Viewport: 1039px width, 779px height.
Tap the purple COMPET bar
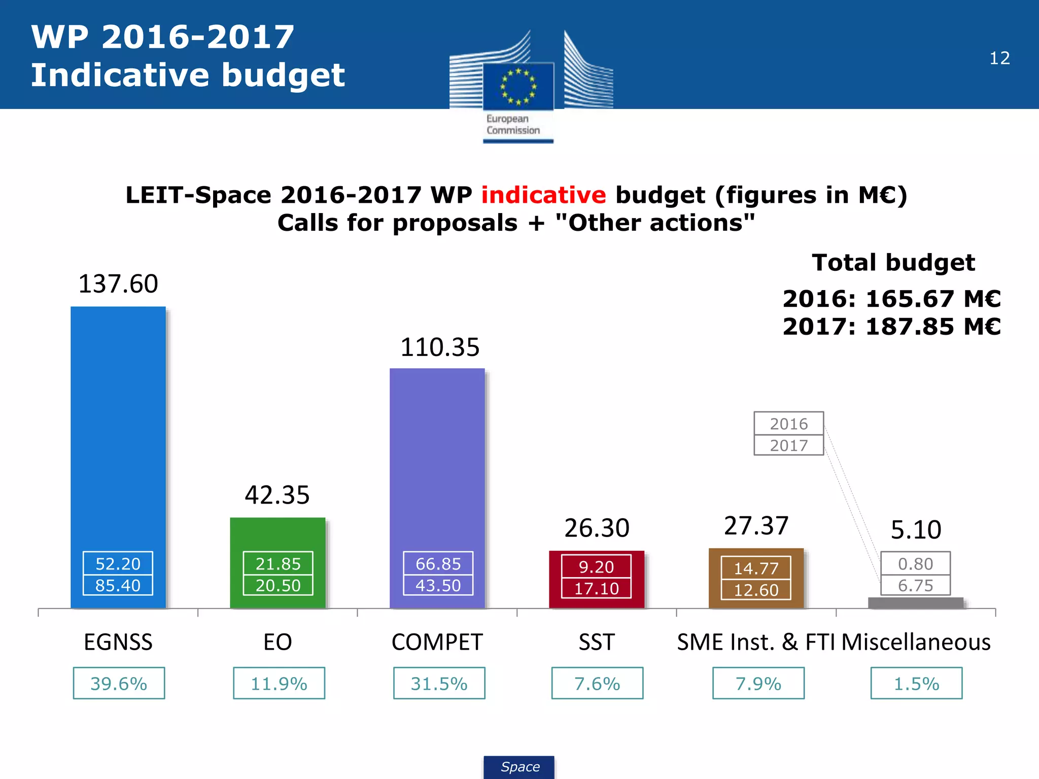[x=437, y=456]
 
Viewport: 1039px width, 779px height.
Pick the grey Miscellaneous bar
[x=915, y=603]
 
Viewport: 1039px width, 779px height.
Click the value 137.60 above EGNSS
[x=118, y=284]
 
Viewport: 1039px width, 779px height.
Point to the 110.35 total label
[x=439, y=347]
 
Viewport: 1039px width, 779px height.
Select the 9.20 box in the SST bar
[x=596, y=566]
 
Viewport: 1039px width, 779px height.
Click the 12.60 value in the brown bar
[x=756, y=590]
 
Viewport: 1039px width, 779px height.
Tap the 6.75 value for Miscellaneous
[x=915, y=585]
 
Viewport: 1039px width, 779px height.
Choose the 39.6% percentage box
[x=119, y=683]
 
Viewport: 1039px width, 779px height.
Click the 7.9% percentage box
[x=758, y=683]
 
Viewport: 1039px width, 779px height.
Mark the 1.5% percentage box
[x=916, y=683]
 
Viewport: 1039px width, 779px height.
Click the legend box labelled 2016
[x=788, y=423]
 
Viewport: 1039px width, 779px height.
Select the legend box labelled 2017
[x=788, y=445]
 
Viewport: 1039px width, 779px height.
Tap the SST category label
[x=597, y=642]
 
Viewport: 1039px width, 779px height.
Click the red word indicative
[x=543, y=195]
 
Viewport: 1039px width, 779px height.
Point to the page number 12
[x=999, y=58]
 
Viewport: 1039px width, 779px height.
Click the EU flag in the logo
[x=518, y=86]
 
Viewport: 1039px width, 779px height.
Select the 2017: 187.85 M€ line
[x=891, y=326]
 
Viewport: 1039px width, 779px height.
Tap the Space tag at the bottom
[x=519, y=767]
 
